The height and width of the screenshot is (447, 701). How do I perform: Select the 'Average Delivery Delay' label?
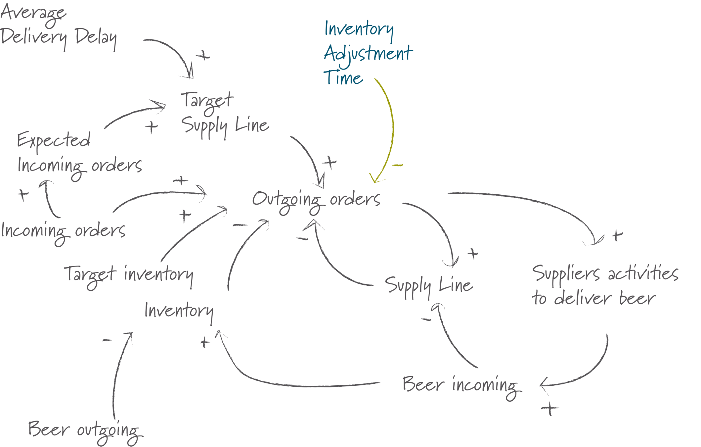[58, 28]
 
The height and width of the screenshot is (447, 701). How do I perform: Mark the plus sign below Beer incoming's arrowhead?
[550, 409]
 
